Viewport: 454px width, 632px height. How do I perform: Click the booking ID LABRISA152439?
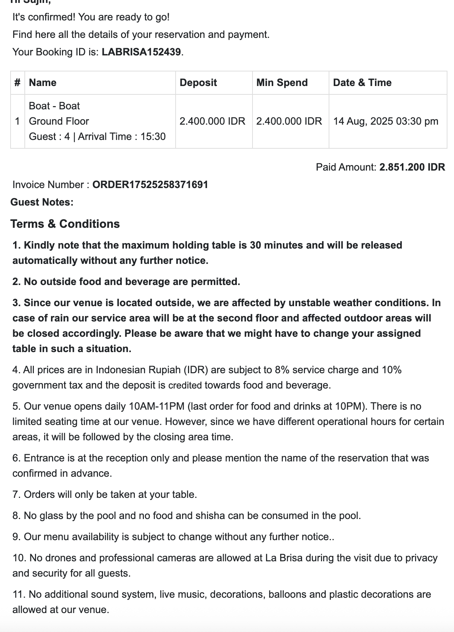click(x=141, y=52)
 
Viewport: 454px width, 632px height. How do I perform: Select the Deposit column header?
click(x=198, y=83)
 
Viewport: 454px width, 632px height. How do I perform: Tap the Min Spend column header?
click(x=282, y=83)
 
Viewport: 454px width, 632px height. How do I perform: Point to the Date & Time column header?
click(x=362, y=83)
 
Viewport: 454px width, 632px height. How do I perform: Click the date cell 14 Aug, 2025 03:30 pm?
click(x=385, y=121)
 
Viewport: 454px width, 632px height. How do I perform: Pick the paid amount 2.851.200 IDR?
click(x=412, y=167)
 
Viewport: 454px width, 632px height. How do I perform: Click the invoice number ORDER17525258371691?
click(x=150, y=185)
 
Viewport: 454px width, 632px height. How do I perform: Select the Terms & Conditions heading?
click(x=65, y=224)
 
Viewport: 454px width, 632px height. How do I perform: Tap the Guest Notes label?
click(x=42, y=202)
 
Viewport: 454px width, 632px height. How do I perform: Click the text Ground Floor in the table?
click(x=59, y=121)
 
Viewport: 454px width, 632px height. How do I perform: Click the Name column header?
click(x=43, y=83)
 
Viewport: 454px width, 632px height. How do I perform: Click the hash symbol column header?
click(x=17, y=83)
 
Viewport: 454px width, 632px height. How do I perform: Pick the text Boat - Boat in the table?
click(x=54, y=106)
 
